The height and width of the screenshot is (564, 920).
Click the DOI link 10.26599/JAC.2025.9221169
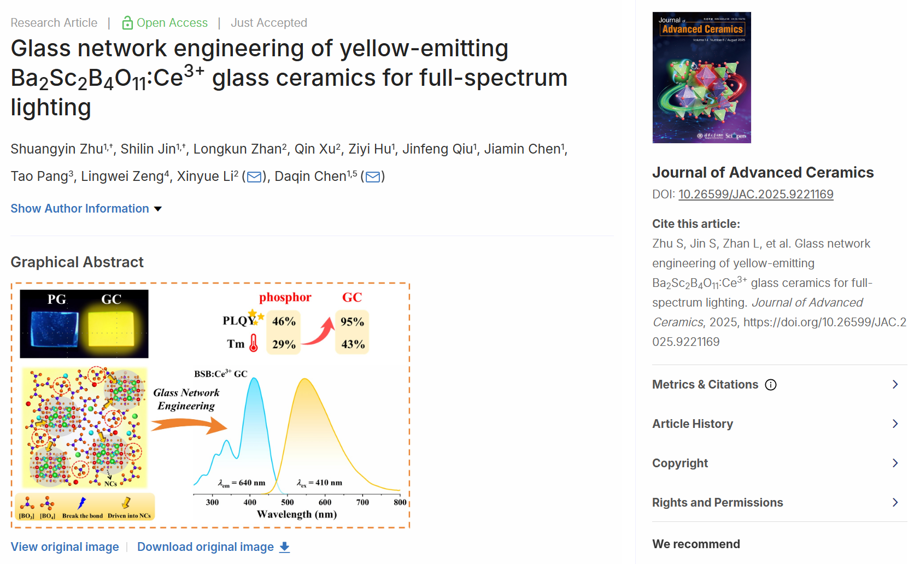point(755,195)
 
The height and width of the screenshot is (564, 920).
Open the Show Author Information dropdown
point(86,209)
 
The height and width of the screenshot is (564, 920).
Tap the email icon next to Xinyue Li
point(254,177)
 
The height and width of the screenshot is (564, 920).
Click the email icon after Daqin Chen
point(373,177)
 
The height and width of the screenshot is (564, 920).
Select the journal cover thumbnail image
point(701,78)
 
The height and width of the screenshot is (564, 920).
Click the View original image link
point(65,547)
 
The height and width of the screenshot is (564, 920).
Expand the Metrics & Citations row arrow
point(895,385)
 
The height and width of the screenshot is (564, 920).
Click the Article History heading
point(692,424)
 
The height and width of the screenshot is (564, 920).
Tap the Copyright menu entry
point(679,463)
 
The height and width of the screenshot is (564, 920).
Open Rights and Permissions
point(717,503)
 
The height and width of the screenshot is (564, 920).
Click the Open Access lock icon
point(127,23)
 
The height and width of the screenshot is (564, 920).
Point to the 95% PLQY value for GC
point(352,322)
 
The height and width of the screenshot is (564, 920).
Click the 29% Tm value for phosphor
point(284,344)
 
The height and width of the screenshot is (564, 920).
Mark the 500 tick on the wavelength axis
point(288,502)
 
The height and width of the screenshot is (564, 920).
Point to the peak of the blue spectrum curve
point(254,379)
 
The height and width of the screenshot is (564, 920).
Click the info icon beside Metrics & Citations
point(771,385)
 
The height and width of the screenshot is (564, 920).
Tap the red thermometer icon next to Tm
point(254,343)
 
